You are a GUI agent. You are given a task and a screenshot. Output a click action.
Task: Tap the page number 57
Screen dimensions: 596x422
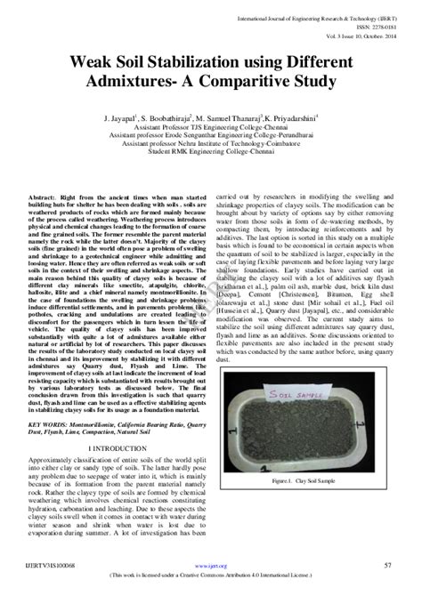click(x=387, y=565)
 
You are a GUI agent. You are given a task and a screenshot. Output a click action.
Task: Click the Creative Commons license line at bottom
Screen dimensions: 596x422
click(x=211, y=576)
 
